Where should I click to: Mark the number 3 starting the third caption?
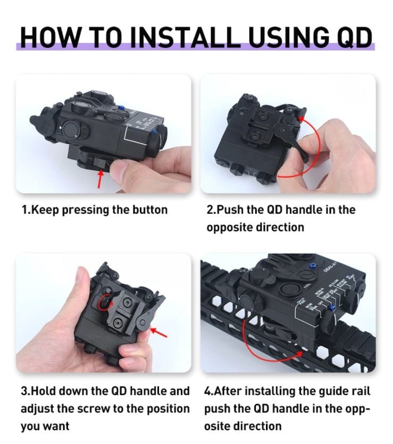pos(24,391)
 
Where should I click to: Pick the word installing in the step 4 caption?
pos(271,391)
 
